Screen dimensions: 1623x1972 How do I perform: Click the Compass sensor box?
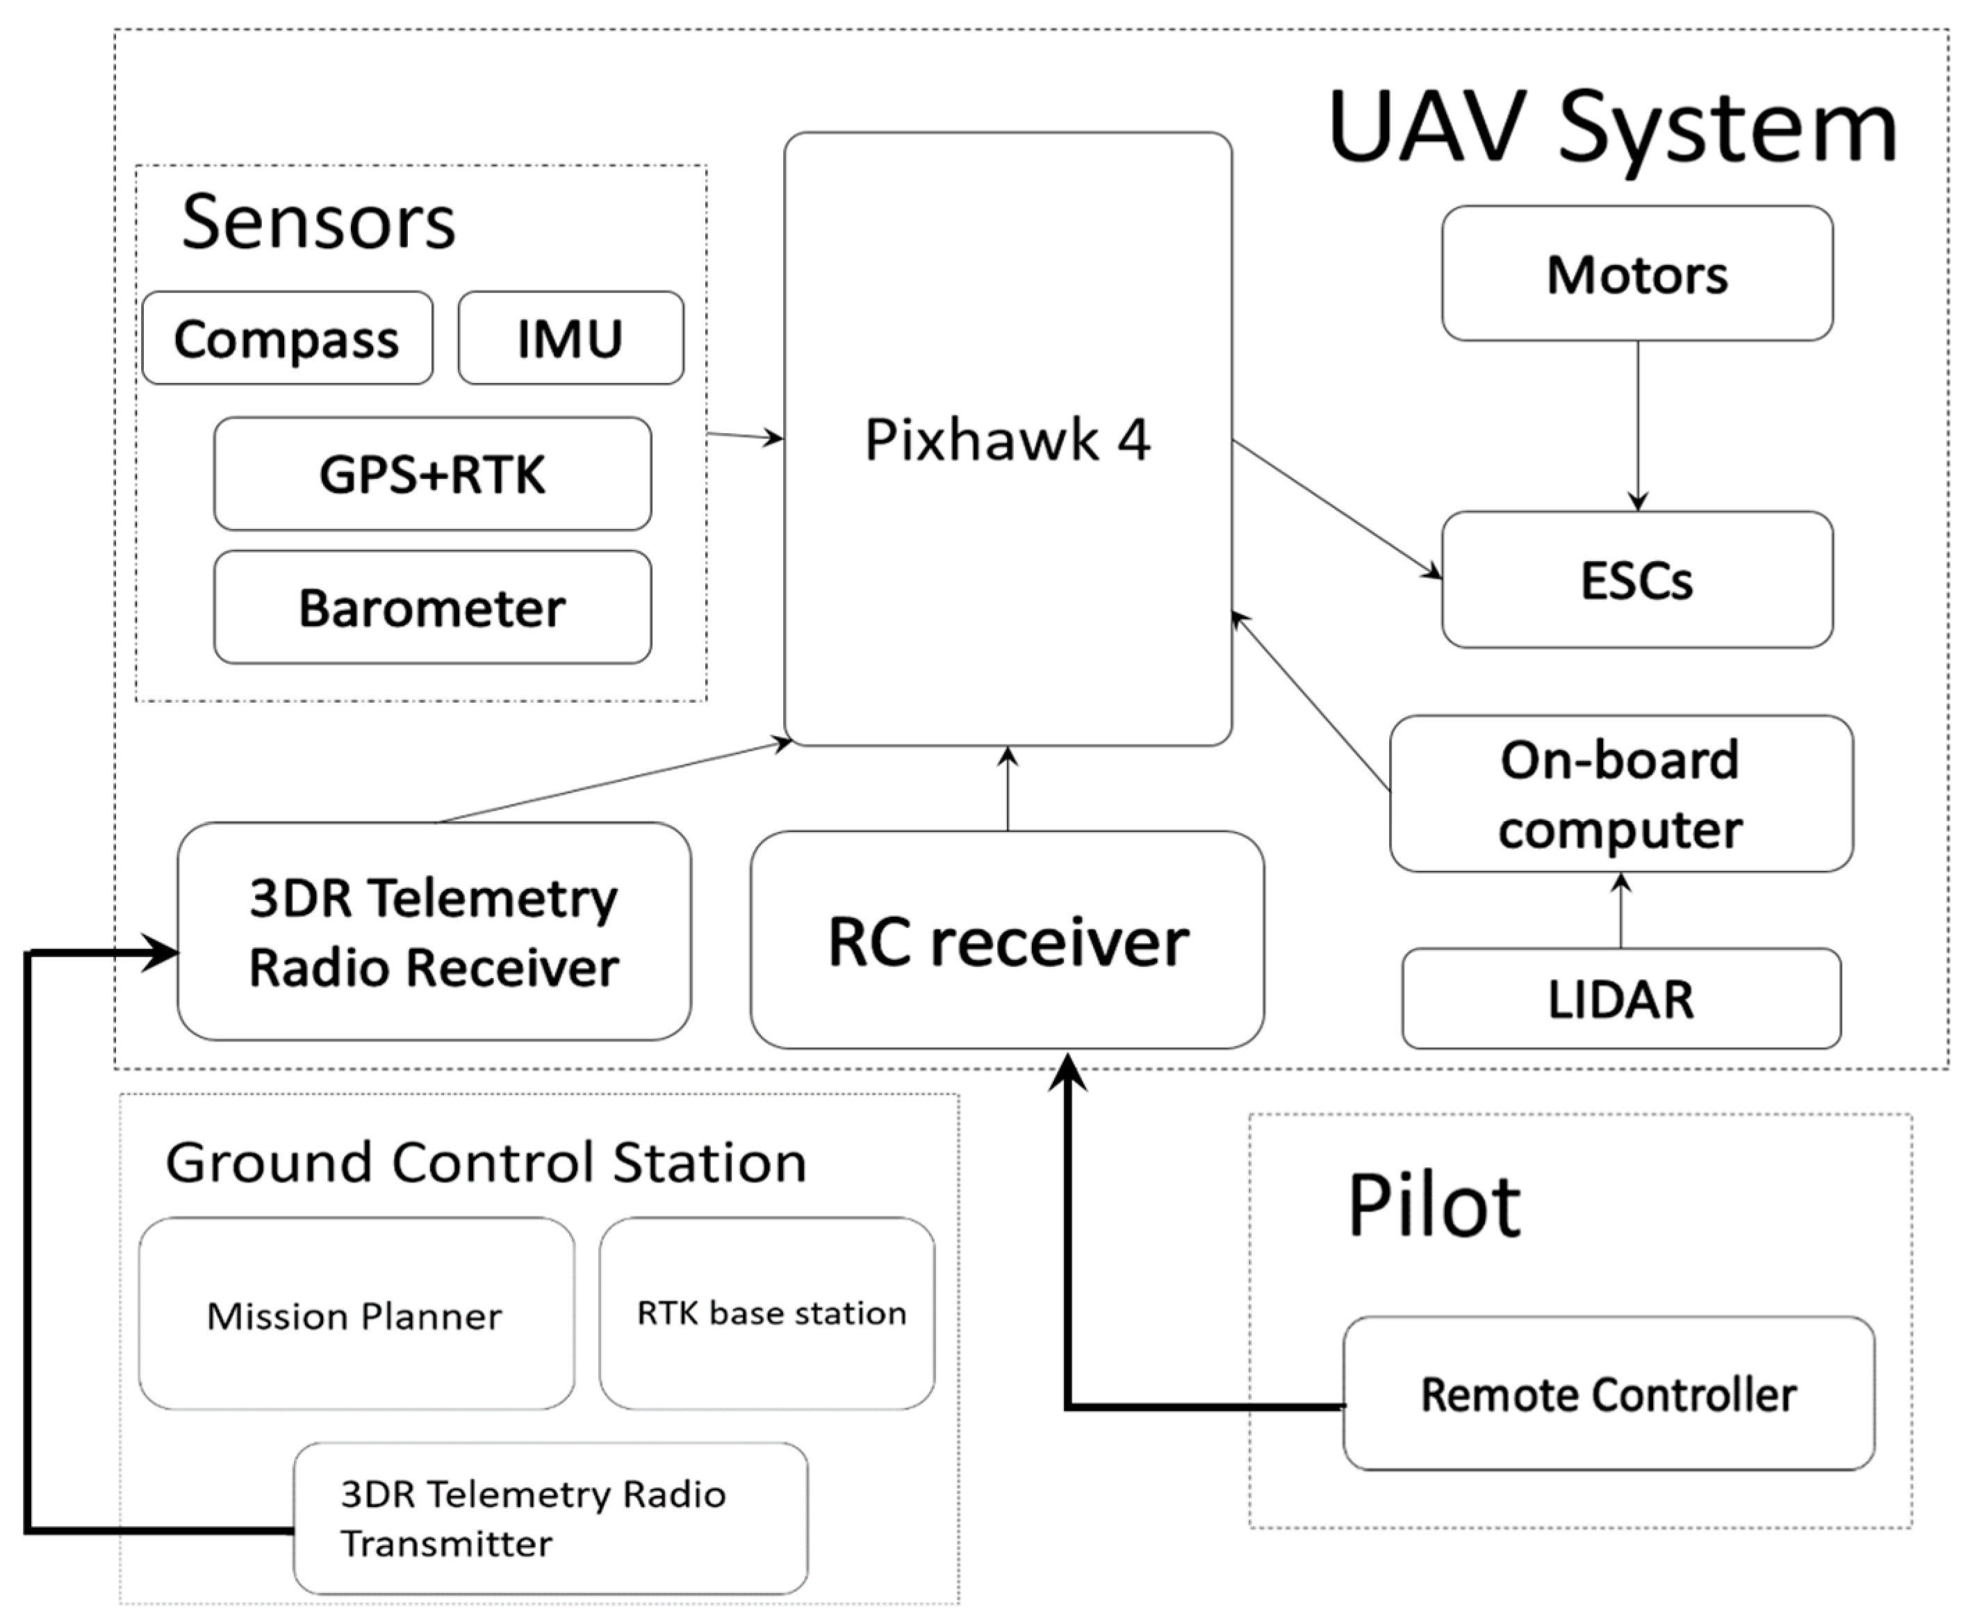coord(287,338)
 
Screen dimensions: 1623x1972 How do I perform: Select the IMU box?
coord(570,338)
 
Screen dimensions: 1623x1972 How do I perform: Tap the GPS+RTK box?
coord(432,474)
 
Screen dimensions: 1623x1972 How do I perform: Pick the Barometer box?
coord(432,607)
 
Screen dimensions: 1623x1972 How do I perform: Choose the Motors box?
coord(1636,274)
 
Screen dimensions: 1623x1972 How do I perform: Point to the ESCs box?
coord(1636,580)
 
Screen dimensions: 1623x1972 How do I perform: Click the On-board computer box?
coord(1620,794)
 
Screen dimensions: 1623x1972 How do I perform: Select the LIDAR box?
coord(1620,999)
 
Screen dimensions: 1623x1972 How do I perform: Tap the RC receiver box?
coord(1007,940)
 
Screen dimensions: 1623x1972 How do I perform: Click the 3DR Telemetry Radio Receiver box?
coord(434,931)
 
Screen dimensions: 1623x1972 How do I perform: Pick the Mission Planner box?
coord(355,1314)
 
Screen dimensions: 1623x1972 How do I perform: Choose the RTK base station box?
coord(769,1312)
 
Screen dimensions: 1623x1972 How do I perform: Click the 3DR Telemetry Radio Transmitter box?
coord(550,1518)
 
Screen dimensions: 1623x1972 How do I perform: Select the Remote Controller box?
coord(1607,1394)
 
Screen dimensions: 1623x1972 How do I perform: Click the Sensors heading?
coord(318,222)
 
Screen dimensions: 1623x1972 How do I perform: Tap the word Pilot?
coord(1433,1206)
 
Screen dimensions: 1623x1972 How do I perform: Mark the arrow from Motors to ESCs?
coord(1637,425)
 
